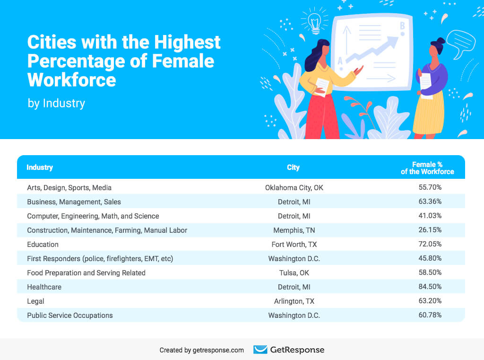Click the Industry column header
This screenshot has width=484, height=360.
(40, 167)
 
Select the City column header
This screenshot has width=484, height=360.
(293, 167)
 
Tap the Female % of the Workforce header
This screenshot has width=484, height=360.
(427, 168)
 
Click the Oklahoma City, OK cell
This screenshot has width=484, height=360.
(294, 187)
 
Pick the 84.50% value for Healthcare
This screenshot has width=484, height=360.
(430, 287)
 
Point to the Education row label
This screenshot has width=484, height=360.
(43, 244)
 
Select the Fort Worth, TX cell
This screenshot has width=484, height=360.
(294, 244)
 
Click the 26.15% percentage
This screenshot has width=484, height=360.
(430, 230)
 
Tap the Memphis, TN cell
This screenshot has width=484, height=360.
(294, 230)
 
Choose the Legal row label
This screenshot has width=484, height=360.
(35, 301)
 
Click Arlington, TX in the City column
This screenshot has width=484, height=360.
(294, 301)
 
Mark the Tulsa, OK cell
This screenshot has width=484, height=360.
(294, 272)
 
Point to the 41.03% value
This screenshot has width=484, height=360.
(430, 216)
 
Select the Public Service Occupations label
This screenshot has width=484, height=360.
(70, 315)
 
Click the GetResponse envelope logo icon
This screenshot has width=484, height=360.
(260, 350)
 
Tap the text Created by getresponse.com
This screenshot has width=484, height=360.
(202, 350)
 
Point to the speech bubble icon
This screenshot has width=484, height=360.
(460, 42)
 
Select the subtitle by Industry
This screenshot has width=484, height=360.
(56, 103)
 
